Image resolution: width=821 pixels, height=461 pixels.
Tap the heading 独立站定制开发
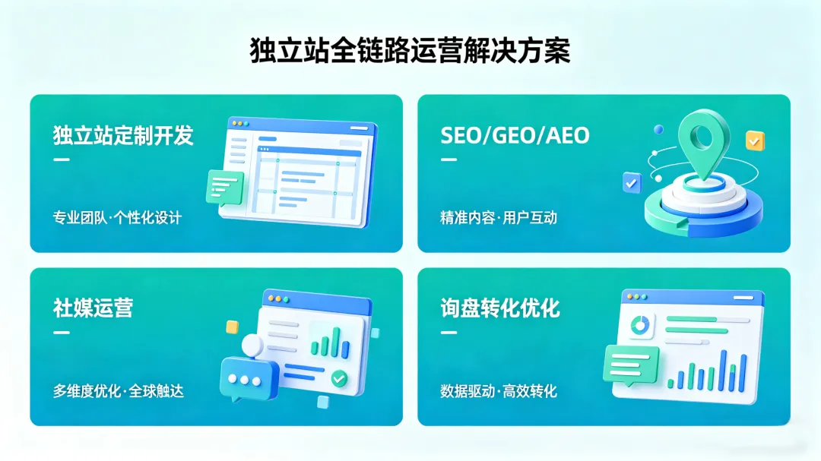point(123,135)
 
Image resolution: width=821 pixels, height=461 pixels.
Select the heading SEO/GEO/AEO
point(515,135)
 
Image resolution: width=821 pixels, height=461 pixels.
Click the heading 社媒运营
point(93,308)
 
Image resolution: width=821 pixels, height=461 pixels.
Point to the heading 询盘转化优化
point(499,308)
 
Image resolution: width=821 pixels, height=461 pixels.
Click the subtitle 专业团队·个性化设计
point(117,218)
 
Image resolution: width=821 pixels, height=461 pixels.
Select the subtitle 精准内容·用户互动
point(498,218)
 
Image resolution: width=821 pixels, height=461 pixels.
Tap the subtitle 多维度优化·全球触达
point(118,392)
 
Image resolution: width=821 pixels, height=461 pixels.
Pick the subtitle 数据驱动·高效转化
point(498,392)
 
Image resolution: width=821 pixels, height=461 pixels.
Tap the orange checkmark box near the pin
point(755,141)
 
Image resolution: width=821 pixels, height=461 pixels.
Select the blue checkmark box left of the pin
point(632,182)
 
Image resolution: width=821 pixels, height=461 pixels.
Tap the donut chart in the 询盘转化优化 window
point(640,325)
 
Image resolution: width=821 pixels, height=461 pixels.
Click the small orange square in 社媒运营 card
point(232,327)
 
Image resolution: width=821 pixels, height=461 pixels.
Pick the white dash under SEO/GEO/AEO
point(449,159)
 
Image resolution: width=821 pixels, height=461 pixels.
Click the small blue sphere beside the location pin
point(658,130)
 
